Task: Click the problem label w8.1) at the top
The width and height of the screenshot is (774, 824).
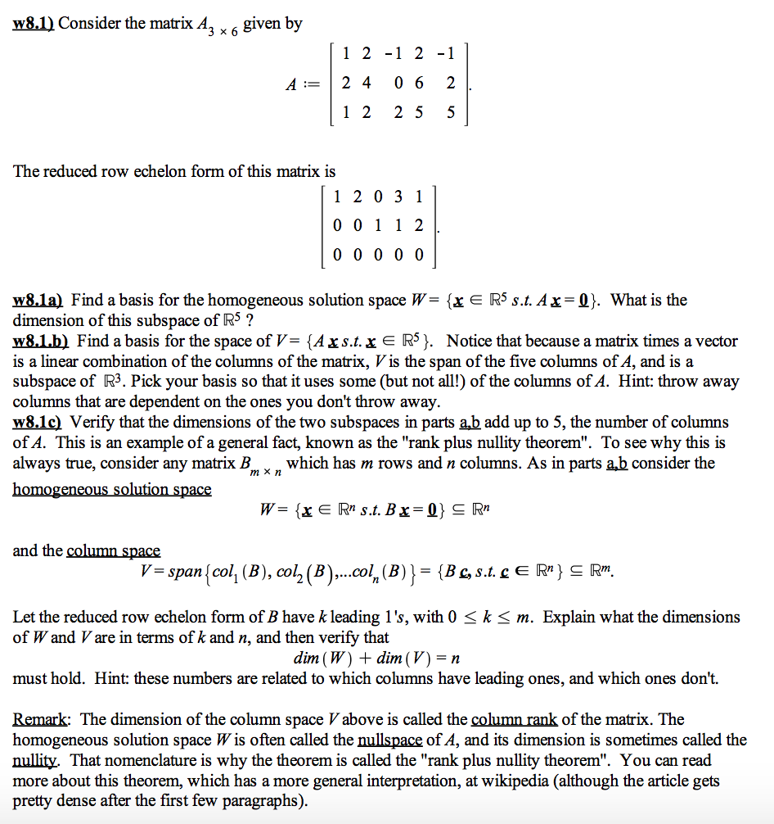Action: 34,23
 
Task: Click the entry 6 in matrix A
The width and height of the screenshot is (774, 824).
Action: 419,83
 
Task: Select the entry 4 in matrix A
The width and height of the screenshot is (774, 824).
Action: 366,83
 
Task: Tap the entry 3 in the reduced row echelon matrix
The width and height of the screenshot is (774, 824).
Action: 398,197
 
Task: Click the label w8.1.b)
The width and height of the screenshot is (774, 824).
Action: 42,341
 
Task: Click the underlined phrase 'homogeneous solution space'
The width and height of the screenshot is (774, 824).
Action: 112,489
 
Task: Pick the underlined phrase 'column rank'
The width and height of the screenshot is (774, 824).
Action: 515,719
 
